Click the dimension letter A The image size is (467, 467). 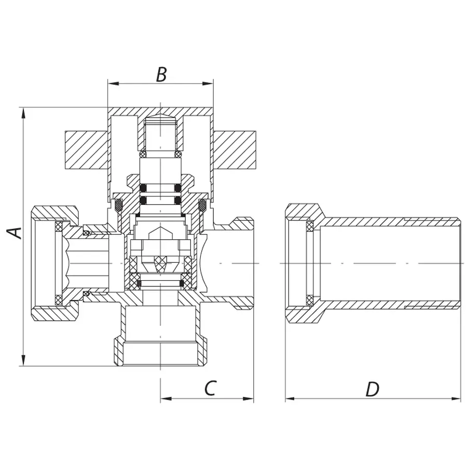17,232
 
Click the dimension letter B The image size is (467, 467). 161,75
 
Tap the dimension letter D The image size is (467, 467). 372,389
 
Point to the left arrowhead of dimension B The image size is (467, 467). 111,83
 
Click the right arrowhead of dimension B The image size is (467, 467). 210,83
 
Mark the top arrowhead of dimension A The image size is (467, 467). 23,112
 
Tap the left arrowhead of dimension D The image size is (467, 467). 290,399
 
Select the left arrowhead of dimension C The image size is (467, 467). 164,399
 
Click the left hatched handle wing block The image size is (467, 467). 86,149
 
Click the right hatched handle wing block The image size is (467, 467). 235,149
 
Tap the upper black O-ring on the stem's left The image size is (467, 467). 144,187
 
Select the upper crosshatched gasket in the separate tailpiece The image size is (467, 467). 310,226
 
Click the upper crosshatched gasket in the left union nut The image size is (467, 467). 59,226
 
